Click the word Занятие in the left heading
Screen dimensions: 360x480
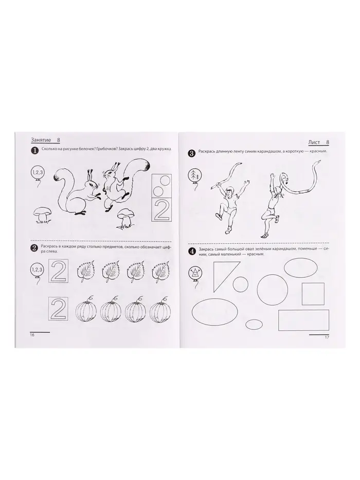click(x=41, y=140)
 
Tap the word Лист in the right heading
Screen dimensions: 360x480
click(x=314, y=143)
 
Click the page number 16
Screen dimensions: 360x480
click(x=32, y=335)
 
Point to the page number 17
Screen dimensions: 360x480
click(x=327, y=337)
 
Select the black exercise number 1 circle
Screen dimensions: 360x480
click(x=34, y=150)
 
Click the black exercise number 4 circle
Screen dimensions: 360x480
click(x=192, y=252)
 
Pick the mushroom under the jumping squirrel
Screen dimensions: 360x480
click(x=125, y=217)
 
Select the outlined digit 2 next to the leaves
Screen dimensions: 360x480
click(x=59, y=271)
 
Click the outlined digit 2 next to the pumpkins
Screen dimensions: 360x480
click(x=59, y=309)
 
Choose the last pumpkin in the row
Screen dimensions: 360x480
click(x=159, y=311)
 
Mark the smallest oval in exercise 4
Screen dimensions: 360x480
click(x=255, y=324)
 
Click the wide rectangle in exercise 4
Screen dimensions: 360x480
click(x=303, y=320)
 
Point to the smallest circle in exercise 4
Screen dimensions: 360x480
click(x=240, y=284)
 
